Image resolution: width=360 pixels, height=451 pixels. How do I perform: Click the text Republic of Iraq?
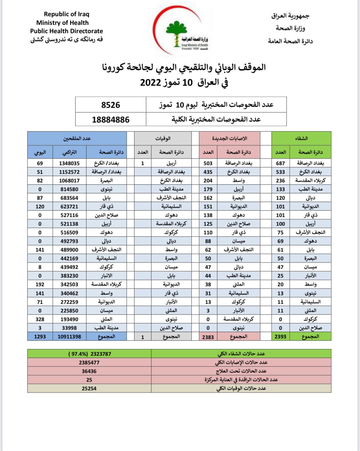coord(67,14)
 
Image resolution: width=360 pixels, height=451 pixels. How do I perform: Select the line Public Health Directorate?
coord(67,31)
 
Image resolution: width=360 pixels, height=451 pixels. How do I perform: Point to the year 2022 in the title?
coord(150,82)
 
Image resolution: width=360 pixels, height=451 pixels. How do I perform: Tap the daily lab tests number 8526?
coord(111,105)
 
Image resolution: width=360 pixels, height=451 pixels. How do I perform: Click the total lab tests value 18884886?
coord(111,119)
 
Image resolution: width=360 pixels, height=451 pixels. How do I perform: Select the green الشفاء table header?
coord(301,138)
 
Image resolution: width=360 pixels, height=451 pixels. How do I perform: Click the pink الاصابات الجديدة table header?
coord(229,138)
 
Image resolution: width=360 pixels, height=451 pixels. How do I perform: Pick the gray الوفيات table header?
coord(163,138)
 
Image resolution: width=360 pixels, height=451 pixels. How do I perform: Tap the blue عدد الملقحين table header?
coord(77,138)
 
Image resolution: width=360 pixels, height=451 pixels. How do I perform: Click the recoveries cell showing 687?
coord(280,163)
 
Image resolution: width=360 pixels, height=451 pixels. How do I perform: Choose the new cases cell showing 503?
coord(208,163)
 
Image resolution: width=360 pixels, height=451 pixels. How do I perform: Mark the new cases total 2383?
coord(208,337)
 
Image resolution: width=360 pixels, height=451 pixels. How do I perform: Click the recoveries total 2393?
coord(280,336)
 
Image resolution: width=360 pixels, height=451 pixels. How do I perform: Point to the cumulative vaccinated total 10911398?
coord(69,336)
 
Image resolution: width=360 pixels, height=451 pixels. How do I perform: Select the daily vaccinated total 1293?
coord(40,336)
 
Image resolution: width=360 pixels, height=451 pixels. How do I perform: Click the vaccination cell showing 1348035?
coord(69,163)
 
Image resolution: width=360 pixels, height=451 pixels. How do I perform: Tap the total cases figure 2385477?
coord(89,363)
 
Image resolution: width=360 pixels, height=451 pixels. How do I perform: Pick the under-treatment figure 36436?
coord(89,371)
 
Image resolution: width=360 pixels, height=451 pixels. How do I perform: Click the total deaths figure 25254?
coord(89,388)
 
